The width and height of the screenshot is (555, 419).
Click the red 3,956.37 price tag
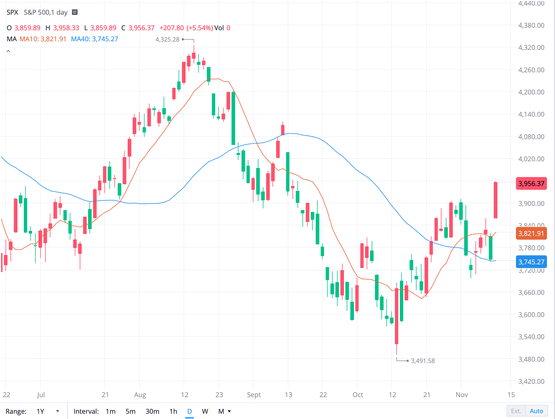[531, 183]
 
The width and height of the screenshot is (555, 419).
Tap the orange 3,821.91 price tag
[531, 233]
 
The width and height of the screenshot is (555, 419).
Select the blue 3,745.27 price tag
[531, 262]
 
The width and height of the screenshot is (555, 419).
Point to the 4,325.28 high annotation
[167, 39]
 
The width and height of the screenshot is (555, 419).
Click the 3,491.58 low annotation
[423, 361]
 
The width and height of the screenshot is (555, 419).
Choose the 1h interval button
[173, 411]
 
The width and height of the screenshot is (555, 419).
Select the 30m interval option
[152, 411]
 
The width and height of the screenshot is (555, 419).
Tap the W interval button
[205, 411]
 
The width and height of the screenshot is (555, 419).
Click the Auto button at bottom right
[536, 411]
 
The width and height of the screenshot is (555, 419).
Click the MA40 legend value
[94, 39]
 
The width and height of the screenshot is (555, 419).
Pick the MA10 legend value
[43, 39]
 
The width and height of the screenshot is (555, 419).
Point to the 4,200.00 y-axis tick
[531, 92]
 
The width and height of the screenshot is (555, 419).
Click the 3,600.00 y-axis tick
[531, 315]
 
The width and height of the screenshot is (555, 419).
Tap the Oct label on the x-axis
[358, 395]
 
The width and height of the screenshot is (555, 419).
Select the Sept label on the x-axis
[254, 395]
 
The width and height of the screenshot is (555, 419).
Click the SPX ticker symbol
[12, 12]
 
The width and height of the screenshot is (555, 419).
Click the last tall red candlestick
[495, 200]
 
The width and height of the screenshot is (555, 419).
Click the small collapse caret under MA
[8, 51]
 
